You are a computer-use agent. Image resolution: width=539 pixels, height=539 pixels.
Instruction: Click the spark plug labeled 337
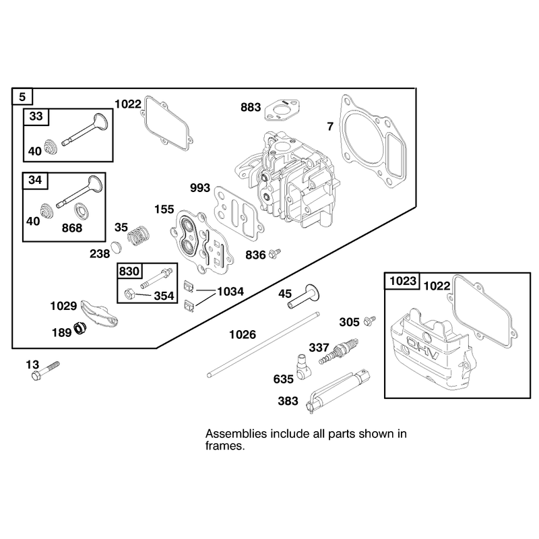(339, 351)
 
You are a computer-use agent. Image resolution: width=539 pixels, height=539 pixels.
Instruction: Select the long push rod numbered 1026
(263, 344)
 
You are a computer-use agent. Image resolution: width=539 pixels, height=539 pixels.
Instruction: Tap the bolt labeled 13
(45, 370)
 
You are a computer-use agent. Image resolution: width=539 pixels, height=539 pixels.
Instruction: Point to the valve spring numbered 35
(139, 235)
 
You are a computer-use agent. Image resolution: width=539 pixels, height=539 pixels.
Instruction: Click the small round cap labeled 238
(117, 247)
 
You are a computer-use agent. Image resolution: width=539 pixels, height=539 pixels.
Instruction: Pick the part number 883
(251, 107)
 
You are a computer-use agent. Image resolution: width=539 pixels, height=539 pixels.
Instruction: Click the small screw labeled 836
(275, 254)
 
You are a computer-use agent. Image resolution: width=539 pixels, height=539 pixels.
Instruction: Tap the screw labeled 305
(369, 321)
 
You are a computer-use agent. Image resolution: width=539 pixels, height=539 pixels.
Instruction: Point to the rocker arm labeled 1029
(99, 313)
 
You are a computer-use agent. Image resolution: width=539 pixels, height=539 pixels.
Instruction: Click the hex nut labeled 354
(129, 294)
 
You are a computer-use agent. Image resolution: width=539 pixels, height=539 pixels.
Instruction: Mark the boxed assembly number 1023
(403, 281)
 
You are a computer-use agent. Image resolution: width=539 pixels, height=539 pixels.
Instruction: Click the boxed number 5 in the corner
(22, 96)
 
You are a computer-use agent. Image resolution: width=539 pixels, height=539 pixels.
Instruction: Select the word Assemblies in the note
(236, 434)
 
